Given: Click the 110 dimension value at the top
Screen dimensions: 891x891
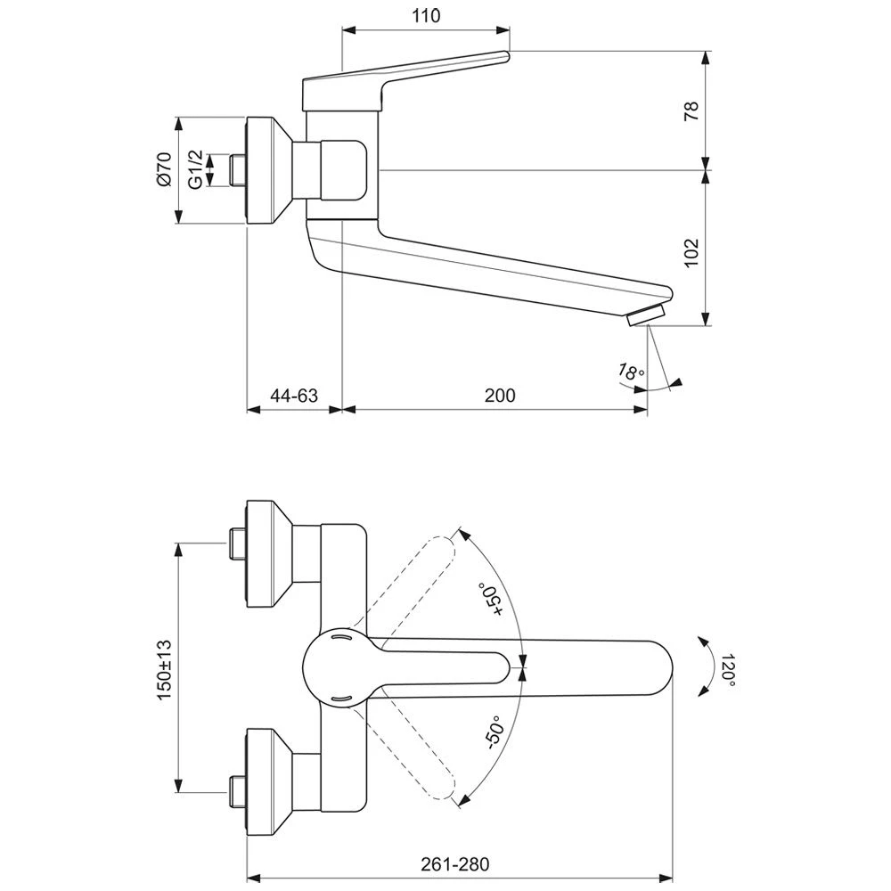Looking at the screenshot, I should pyautogui.click(x=427, y=15).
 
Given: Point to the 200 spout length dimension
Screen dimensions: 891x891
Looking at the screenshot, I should pyautogui.click(x=501, y=395).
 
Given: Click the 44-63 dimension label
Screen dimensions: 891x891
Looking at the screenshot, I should pyautogui.click(x=294, y=395).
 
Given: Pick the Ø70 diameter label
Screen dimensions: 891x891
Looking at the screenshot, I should pyautogui.click(x=162, y=168).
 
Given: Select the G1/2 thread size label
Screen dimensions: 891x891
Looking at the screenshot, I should pyautogui.click(x=195, y=168).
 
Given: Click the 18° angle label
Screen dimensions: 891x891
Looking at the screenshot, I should pyautogui.click(x=631, y=373).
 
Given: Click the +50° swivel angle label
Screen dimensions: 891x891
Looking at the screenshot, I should pyautogui.click(x=493, y=599).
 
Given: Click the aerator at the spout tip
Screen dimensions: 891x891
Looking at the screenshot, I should pyautogui.click(x=647, y=316).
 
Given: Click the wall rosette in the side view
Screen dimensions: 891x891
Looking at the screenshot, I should pyautogui.click(x=266, y=169).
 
